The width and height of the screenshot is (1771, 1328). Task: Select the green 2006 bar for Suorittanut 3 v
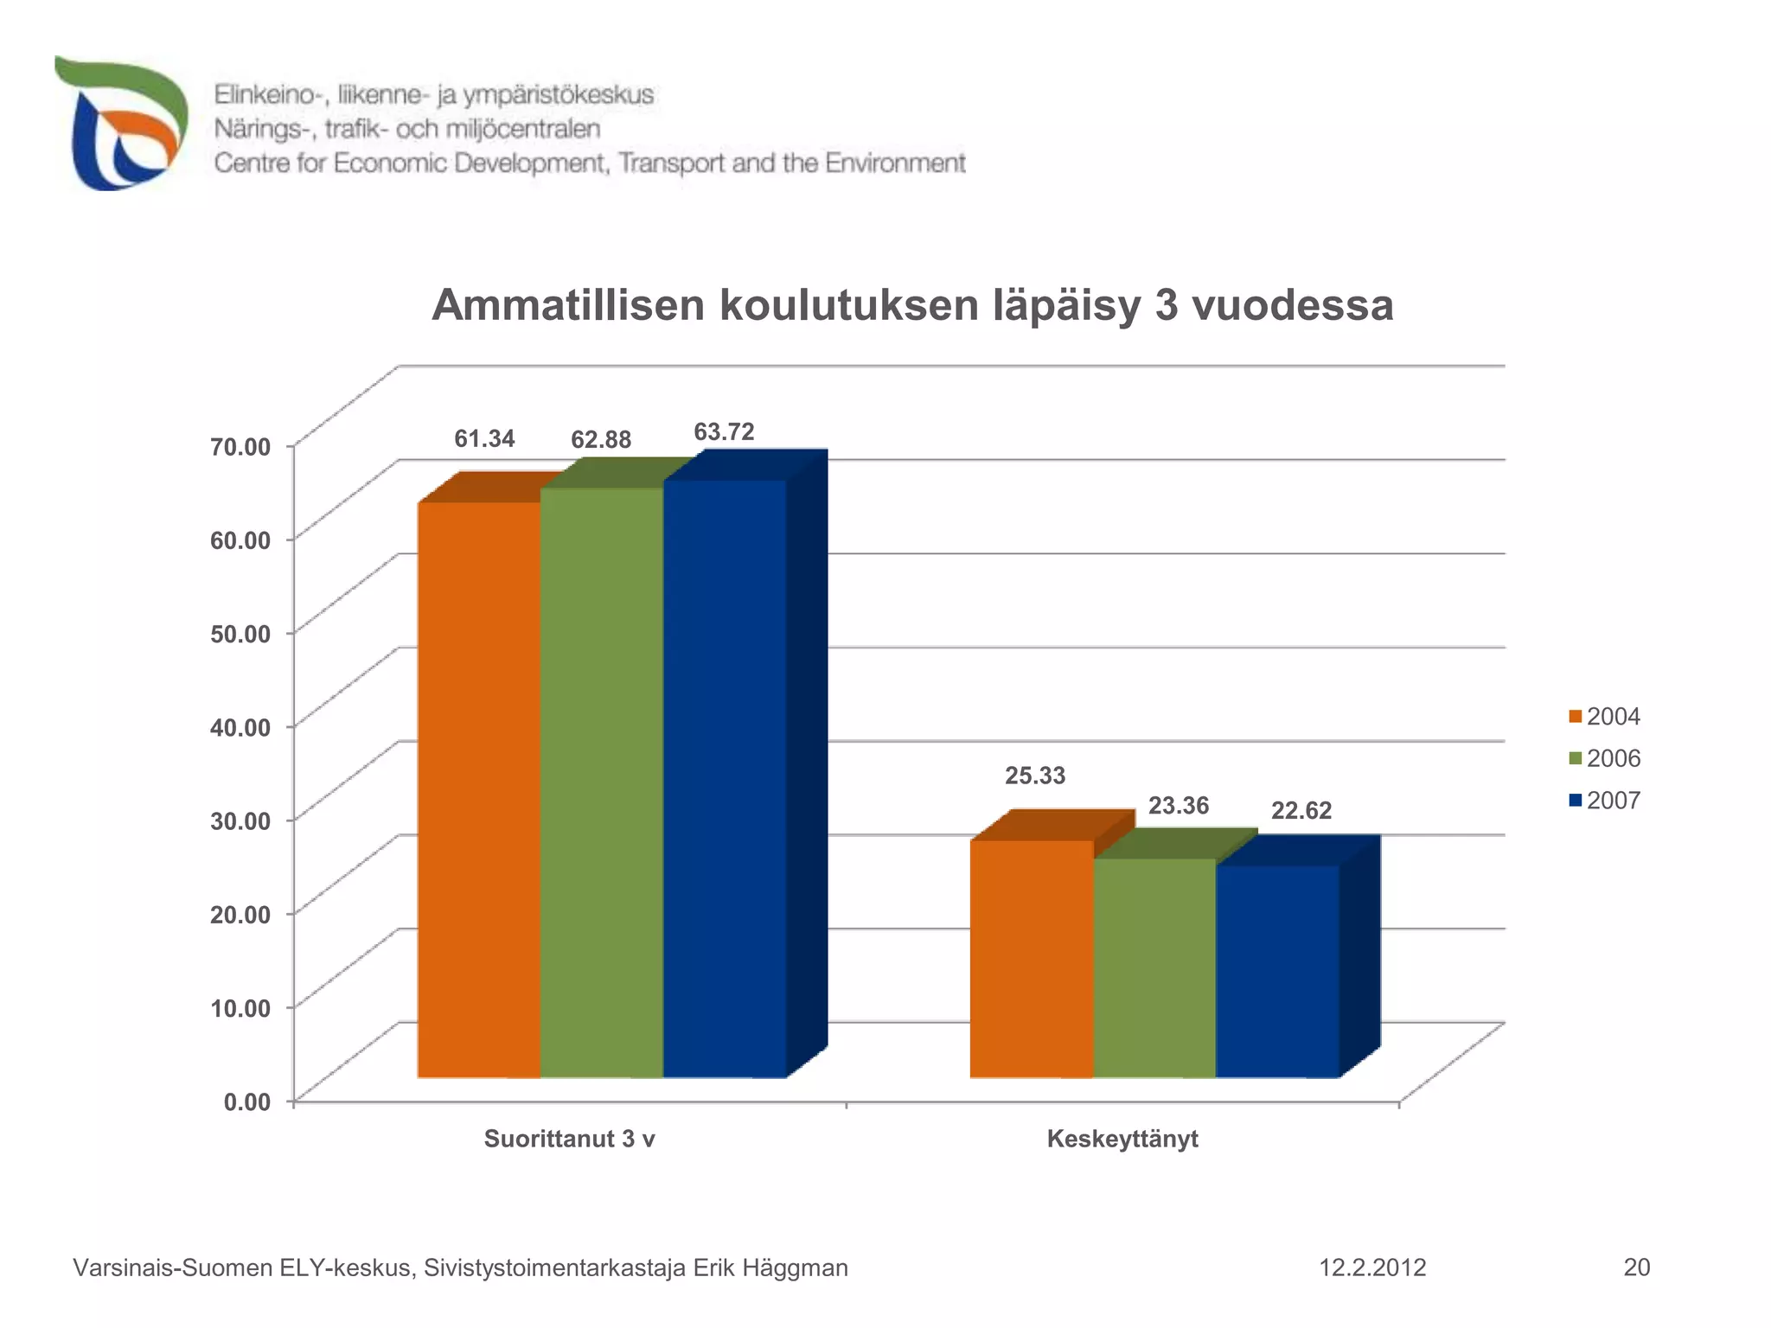602,782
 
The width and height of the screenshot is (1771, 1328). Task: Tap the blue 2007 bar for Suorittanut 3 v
725,778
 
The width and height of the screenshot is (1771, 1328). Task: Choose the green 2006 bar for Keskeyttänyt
1154,967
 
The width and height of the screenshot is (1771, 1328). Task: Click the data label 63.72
724,431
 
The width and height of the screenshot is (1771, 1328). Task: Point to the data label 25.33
1035,776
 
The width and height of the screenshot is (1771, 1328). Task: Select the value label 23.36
1178,806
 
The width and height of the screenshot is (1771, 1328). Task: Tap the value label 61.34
484,439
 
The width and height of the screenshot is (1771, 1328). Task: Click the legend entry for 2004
1604,717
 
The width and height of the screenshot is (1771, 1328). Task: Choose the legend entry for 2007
1604,801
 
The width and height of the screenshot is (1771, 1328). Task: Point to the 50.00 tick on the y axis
240,633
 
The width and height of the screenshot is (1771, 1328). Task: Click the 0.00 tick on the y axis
247,1101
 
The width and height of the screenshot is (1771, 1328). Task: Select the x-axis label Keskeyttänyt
1122,1139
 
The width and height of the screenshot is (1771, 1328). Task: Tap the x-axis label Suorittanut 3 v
569,1139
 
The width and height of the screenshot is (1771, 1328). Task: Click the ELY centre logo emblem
121,124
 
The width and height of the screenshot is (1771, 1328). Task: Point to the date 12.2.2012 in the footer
1372,1267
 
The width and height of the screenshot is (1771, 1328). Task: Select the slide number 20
1636,1267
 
